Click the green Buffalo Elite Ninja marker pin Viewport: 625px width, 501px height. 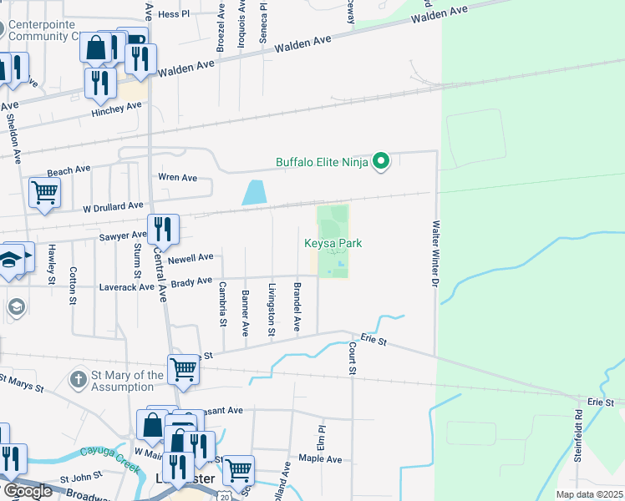point(381,160)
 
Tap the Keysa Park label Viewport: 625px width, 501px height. point(332,243)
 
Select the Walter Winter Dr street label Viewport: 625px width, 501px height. point(434,266)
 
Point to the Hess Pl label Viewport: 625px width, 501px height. point(174,14)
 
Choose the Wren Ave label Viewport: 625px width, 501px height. point(177,177)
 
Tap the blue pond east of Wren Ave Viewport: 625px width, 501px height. point(252,193)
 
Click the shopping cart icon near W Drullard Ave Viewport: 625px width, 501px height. point(44,191)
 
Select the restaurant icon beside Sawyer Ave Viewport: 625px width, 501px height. point(163,228)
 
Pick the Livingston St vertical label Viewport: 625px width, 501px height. point(272,310)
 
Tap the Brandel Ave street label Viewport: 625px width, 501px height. point(297,307)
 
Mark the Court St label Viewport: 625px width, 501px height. point(353,357)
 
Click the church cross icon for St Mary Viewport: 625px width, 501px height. point(78,380)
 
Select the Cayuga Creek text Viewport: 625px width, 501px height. point(108,455)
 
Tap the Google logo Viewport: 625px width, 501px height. point(27,491)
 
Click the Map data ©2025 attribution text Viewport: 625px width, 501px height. point(588,494)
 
